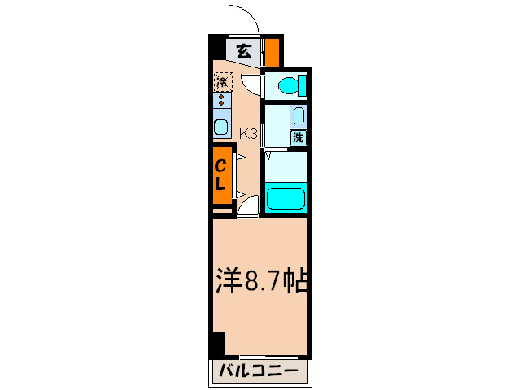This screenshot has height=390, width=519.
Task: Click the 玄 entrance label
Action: coord(243,50)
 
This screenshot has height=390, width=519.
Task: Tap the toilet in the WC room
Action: coord(290,84)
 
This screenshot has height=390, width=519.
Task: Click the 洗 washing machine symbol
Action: coord(299,137)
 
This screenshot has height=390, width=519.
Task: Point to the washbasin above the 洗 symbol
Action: coord(299,115)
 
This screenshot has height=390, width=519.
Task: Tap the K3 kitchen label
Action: coord(248,134)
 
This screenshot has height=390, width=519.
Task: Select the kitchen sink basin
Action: coord(220,128)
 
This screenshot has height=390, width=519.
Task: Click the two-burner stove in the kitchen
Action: coord(221,100)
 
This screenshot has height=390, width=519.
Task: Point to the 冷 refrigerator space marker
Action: coord(222,81)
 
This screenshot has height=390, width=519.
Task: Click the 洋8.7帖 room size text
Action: coord(260,281)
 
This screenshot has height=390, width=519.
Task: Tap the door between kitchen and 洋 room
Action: coord(247,207)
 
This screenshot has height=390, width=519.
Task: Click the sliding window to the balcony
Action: coord(260,357)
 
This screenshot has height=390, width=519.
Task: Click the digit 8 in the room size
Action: coord(251,281)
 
